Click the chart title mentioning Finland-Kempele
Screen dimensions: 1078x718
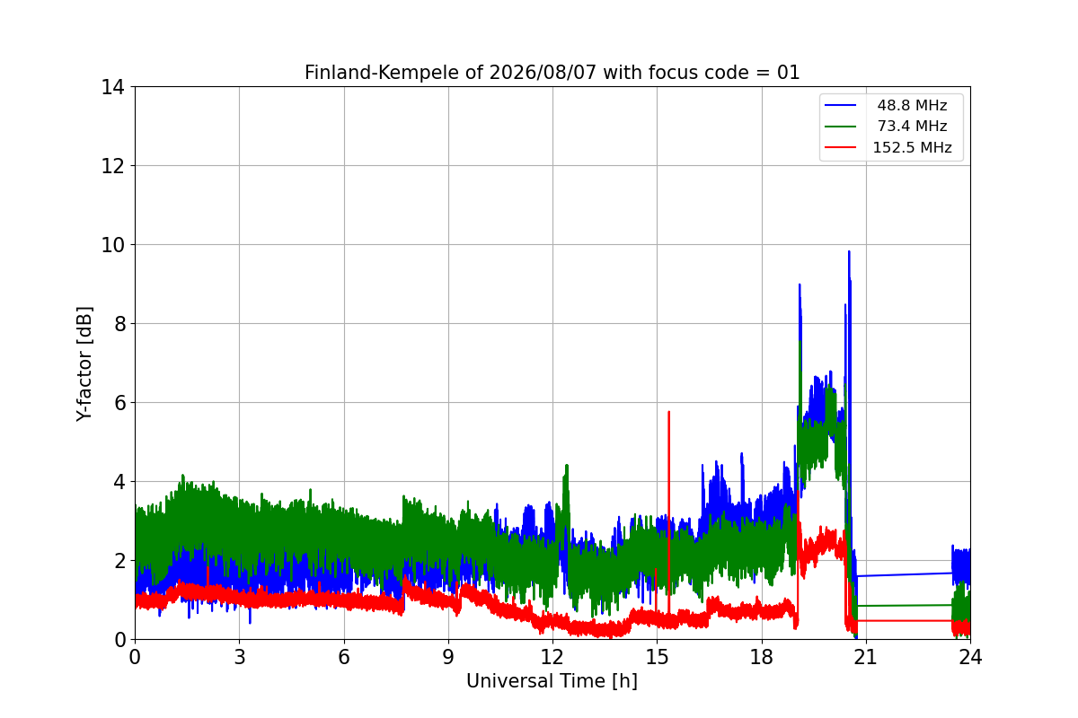pyautogui.click(x=552, y=73)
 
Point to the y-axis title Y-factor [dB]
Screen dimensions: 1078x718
pyautogui.click(x=84, y=363)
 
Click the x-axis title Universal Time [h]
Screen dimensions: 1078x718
pyautogui.click(x=552, y=681)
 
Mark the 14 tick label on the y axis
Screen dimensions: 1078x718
pyautogui.click(x=112, y=88)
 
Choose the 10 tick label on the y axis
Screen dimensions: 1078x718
pyautogui.click(x=112, y=245)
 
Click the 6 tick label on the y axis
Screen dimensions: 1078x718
pyautogui.click(x=119, y=403)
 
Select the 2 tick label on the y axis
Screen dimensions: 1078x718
pyautogui.click(x=119, y=561)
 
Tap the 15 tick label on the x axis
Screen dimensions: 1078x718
pyautogui.click(x=657, y=657)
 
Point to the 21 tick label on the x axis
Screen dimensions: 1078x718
pyautogui.click(x=866, y=657)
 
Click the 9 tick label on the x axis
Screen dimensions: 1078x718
pyautogui.click(x=448, y=657)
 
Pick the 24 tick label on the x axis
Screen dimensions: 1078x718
pyautogui.click(x=970, y=657)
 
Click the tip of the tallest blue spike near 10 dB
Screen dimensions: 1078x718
pyautogui.click(x=849, y=251)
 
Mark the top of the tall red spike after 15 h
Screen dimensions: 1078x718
pyautogui.click(x=668, y=412)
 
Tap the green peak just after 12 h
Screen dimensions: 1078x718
pyautogui.click(x=567, y=466)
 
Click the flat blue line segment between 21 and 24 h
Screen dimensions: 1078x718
pyautogui.click(x=905, y=574)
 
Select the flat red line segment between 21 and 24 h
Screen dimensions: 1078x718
pyautogui.click(x=905, y=621)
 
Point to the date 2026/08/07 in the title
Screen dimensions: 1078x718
pyautogui.click(x=543, y=73)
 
